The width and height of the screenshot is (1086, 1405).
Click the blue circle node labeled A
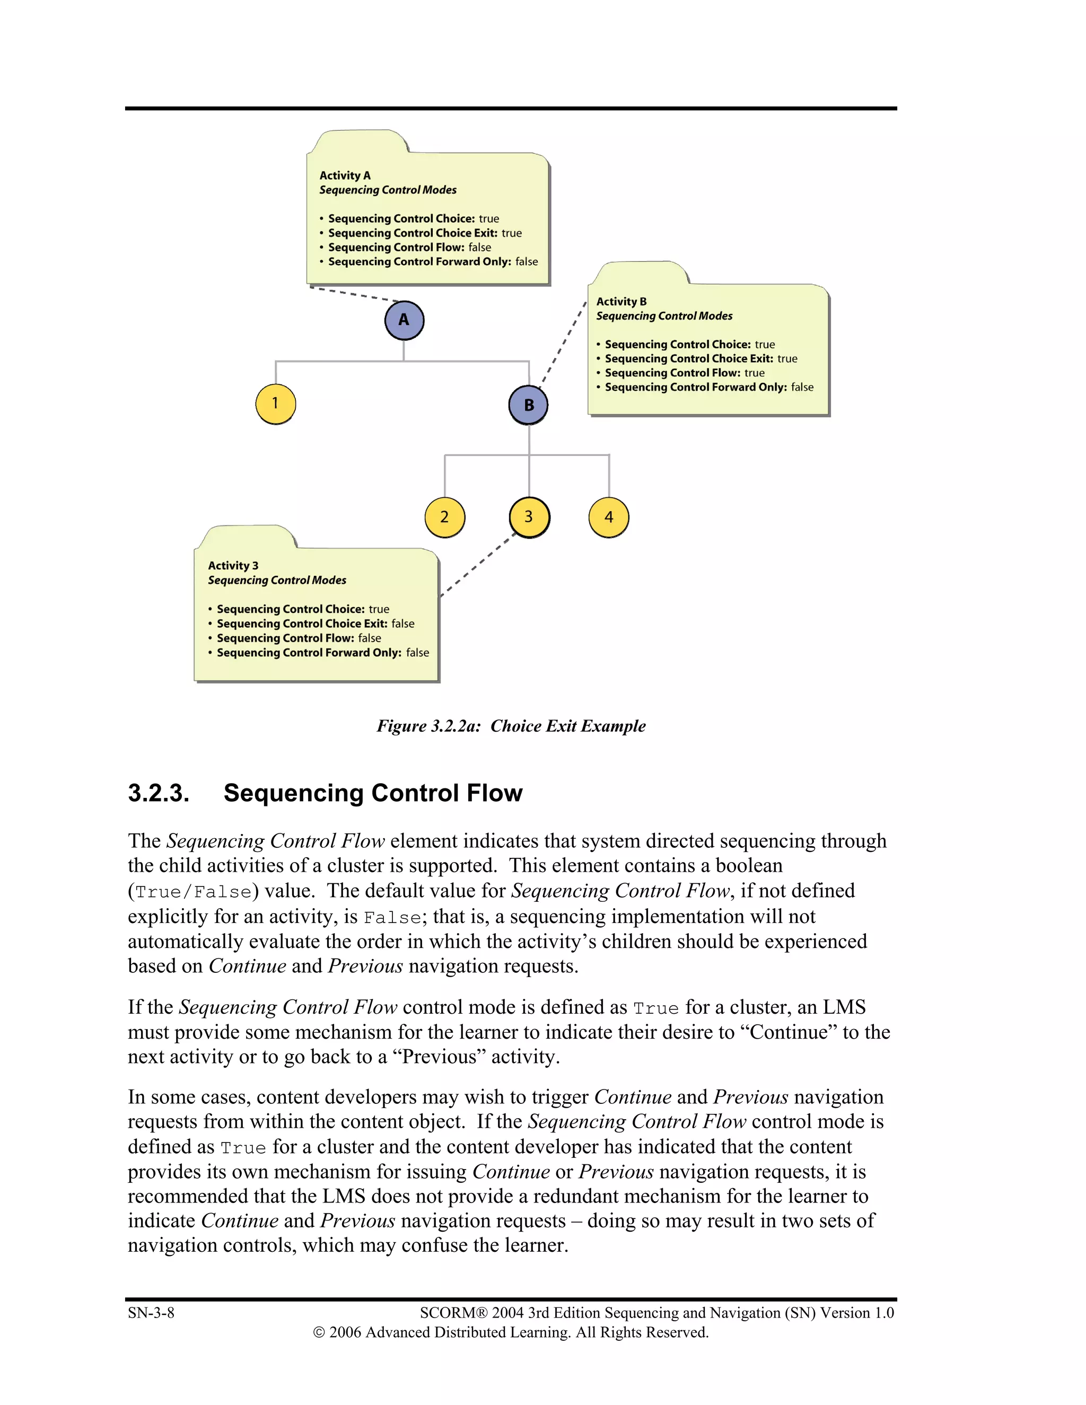tap(404, 320)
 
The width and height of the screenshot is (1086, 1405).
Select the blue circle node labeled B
tap(528, 405)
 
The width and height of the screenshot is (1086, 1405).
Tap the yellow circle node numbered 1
tap(275, 403)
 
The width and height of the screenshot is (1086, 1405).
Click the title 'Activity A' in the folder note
tap(345, 175)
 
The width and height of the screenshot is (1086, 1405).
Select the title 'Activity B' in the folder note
tap(621, 302)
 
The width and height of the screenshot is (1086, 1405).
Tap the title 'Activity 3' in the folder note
tap(233, 566)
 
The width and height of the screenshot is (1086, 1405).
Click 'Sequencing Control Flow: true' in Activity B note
tap(684, 373)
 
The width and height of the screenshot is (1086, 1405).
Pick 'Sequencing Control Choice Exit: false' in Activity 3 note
tap(316, 624)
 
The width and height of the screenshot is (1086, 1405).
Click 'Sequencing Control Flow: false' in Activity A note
tap(409, 248)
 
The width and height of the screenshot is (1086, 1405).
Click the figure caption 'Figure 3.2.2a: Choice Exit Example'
tap(511, 726)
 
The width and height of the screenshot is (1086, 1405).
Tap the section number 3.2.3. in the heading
tap(158, 793)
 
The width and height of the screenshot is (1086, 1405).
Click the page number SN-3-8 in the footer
tap(151, 1313)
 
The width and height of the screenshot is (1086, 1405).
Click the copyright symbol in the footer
tap(319, 1332)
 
